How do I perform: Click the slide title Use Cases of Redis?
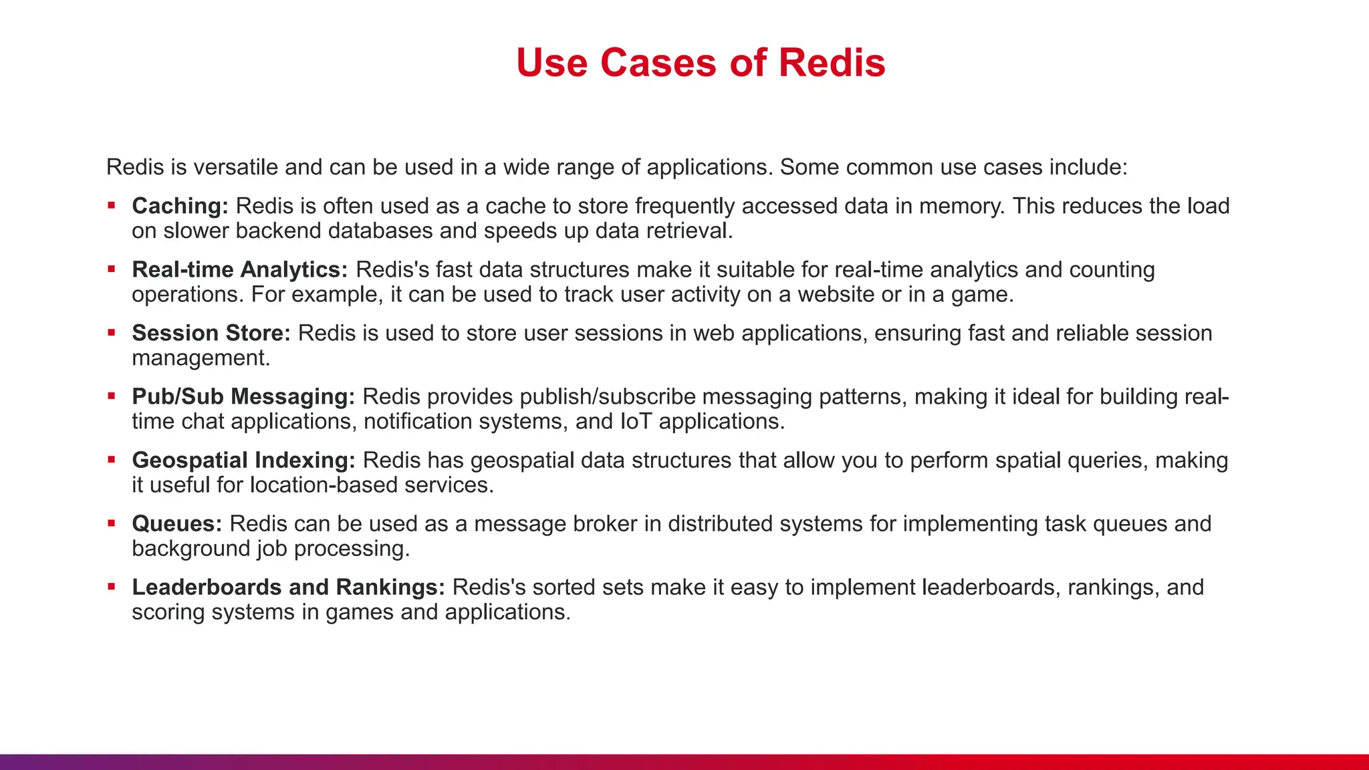pos(701,63)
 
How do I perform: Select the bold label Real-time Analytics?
pos(239,269)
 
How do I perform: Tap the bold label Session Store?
pos(211,333)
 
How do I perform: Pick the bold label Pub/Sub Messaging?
pos(243,396)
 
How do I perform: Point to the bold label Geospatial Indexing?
pos(243,460)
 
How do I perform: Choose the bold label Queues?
pos(176,523)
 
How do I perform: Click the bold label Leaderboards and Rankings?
pos(288,587)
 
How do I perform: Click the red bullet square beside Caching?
pos(112,205)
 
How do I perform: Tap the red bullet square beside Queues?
pos(112,523)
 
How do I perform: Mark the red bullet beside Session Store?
pos(112,332)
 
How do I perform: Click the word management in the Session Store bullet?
pos(201,358)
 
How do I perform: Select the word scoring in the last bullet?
pos(168,612)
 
